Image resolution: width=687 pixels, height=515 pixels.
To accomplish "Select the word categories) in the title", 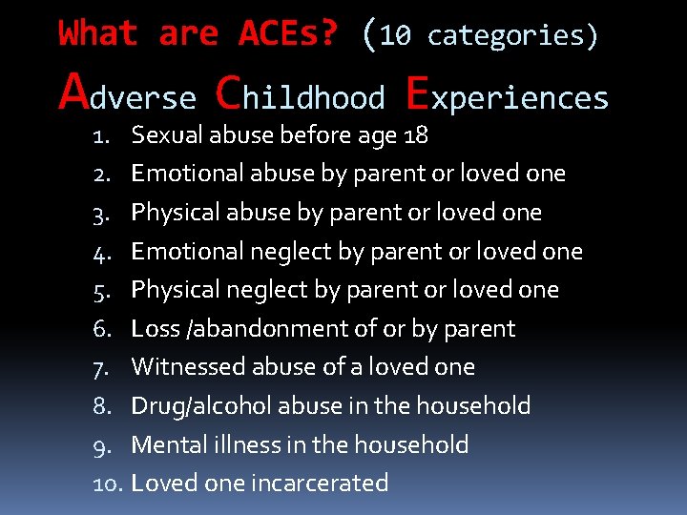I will pyautogui.click(x=513, y=36).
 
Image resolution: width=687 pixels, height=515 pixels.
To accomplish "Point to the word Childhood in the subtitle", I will pyautogui.click(x=301, y=94).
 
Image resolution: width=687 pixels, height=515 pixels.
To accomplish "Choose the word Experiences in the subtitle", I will pyautogui.click(x=507, y=94).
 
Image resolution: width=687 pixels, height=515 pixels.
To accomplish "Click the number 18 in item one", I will pyautogui.click(x=416, y=135).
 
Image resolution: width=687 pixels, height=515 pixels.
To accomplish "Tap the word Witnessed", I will pyautogui.click(x=183, y=367).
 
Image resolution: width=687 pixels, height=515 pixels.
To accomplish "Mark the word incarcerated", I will pyautogui.click(x=320, y=484).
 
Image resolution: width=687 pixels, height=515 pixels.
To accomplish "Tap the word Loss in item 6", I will pyautogui.click(x=155, y=329).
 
